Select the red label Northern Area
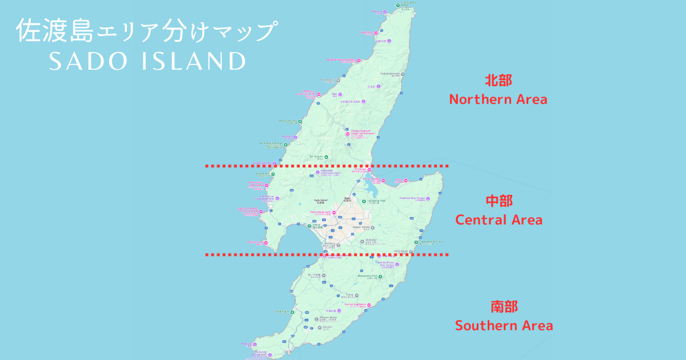(498, 99)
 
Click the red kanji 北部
(498, 80)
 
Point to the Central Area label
(498, 219)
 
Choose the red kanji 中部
(498, 201)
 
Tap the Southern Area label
(504, 326)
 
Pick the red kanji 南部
(504, 307)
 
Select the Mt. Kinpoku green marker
(326, 157)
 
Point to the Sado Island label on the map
(320, 201)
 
